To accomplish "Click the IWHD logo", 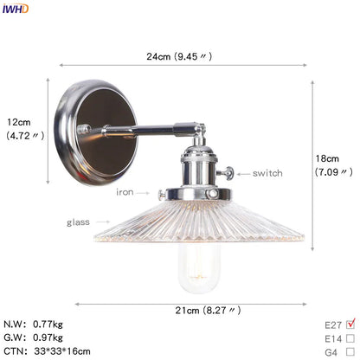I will (16, 9).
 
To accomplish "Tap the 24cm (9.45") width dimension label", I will (179, 56).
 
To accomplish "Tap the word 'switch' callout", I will (267, 174).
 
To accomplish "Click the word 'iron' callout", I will (125, 192).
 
